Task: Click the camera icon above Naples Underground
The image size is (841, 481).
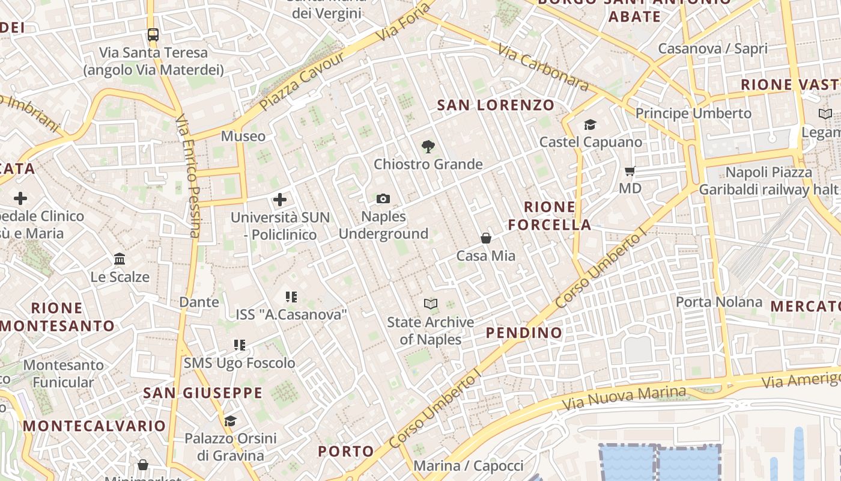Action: click(383, 198)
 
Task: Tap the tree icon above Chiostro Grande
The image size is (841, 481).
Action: click(428, 146)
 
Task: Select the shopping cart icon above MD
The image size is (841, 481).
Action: click(630, 171)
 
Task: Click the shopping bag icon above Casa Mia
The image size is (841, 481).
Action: click(486, 238)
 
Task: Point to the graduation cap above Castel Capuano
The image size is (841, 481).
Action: click(590, 124)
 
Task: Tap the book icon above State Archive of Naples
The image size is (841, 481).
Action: click(430, 304)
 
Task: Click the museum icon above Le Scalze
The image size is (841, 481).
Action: click(120, 259)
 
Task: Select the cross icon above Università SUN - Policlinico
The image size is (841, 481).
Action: click(280, 199)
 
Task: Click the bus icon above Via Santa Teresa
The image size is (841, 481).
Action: click(153, 35)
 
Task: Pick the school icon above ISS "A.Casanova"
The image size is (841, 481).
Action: click(291, 296)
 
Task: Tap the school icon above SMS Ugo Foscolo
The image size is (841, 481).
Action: click(240, 345)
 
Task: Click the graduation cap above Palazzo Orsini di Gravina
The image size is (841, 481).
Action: click(230, 420)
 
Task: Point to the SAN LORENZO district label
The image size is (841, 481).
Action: click(496, 105)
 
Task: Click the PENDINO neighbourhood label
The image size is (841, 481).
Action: click(524, 332)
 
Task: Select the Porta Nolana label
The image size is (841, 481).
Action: click(719, 302)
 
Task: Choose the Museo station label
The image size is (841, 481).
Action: click(243, 136)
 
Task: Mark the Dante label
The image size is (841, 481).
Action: click(199, 302)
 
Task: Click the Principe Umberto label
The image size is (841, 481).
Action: click(693, 113)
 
